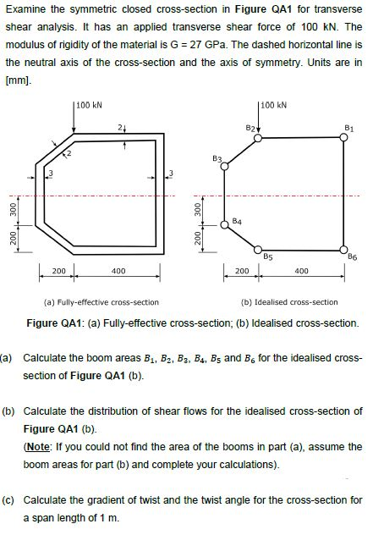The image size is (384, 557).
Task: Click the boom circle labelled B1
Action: [x=343, y=139]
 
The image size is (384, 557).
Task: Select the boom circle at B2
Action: [x=259, y=139]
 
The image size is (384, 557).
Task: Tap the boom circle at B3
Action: [x=224, y=168]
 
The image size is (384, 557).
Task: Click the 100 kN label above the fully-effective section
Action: [x=89, y=106]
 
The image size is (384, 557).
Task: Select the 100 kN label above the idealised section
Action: [x=274, y=106]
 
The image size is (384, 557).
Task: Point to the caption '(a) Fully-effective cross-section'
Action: [x=101, y=302]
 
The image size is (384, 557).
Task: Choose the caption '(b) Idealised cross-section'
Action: [x=290, y=302]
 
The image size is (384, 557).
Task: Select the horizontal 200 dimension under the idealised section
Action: [x=241, y=272]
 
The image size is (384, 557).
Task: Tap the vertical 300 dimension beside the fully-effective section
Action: [x=13, y=207]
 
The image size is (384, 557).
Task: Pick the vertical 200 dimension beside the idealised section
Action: [x=197, y=240]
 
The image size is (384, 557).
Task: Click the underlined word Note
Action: [x=40, y=446]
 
